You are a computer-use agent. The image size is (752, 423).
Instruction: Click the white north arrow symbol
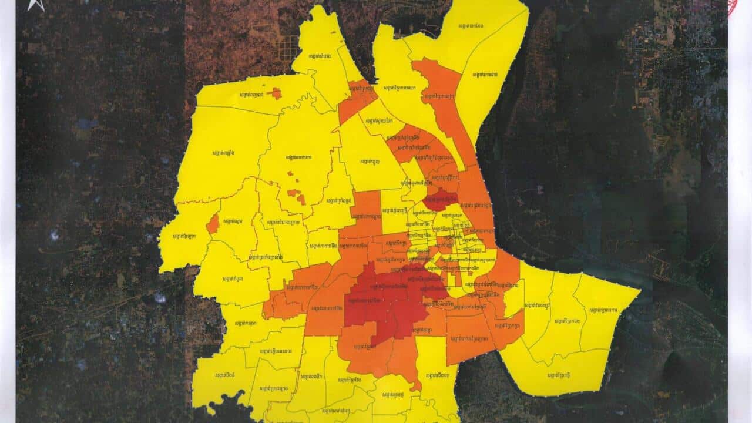36,5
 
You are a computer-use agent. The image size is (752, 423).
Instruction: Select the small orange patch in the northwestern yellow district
274,93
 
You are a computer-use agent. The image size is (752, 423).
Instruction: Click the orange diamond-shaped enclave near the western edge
213,224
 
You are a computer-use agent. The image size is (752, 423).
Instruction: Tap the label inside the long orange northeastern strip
443,98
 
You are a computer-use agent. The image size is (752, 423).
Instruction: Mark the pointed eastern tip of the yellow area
640,289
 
